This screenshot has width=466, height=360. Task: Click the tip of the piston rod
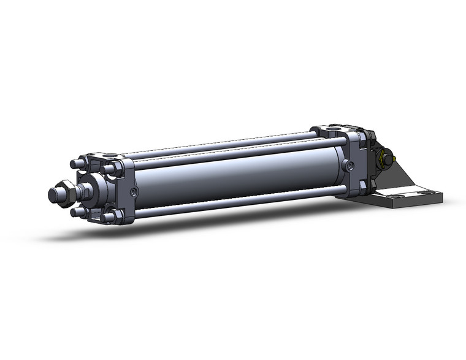tap(53, 195)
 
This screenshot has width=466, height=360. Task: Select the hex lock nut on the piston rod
tap(65, 192)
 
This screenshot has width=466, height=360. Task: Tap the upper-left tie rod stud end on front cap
tap(77, 164)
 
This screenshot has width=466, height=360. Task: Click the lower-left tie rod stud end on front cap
tap(77, 212)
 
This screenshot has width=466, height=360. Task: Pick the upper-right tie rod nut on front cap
tap(110, 169)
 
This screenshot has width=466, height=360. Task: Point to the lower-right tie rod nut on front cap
tap(110, 216)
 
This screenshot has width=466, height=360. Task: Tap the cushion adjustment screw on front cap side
tap(134, 192)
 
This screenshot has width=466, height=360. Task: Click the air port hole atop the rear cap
tap(334, 129)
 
